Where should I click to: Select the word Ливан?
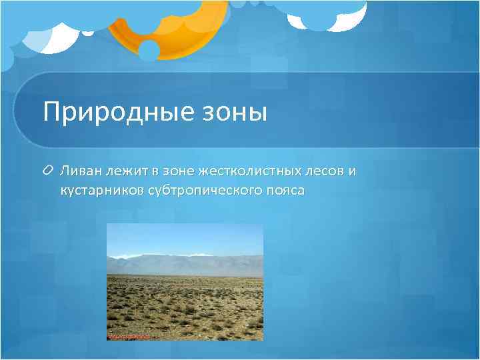click(78, 172)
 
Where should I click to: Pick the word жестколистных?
click(241, 172)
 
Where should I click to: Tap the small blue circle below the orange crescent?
click(148, 51)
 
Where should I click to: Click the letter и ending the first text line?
click(352, 172)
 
